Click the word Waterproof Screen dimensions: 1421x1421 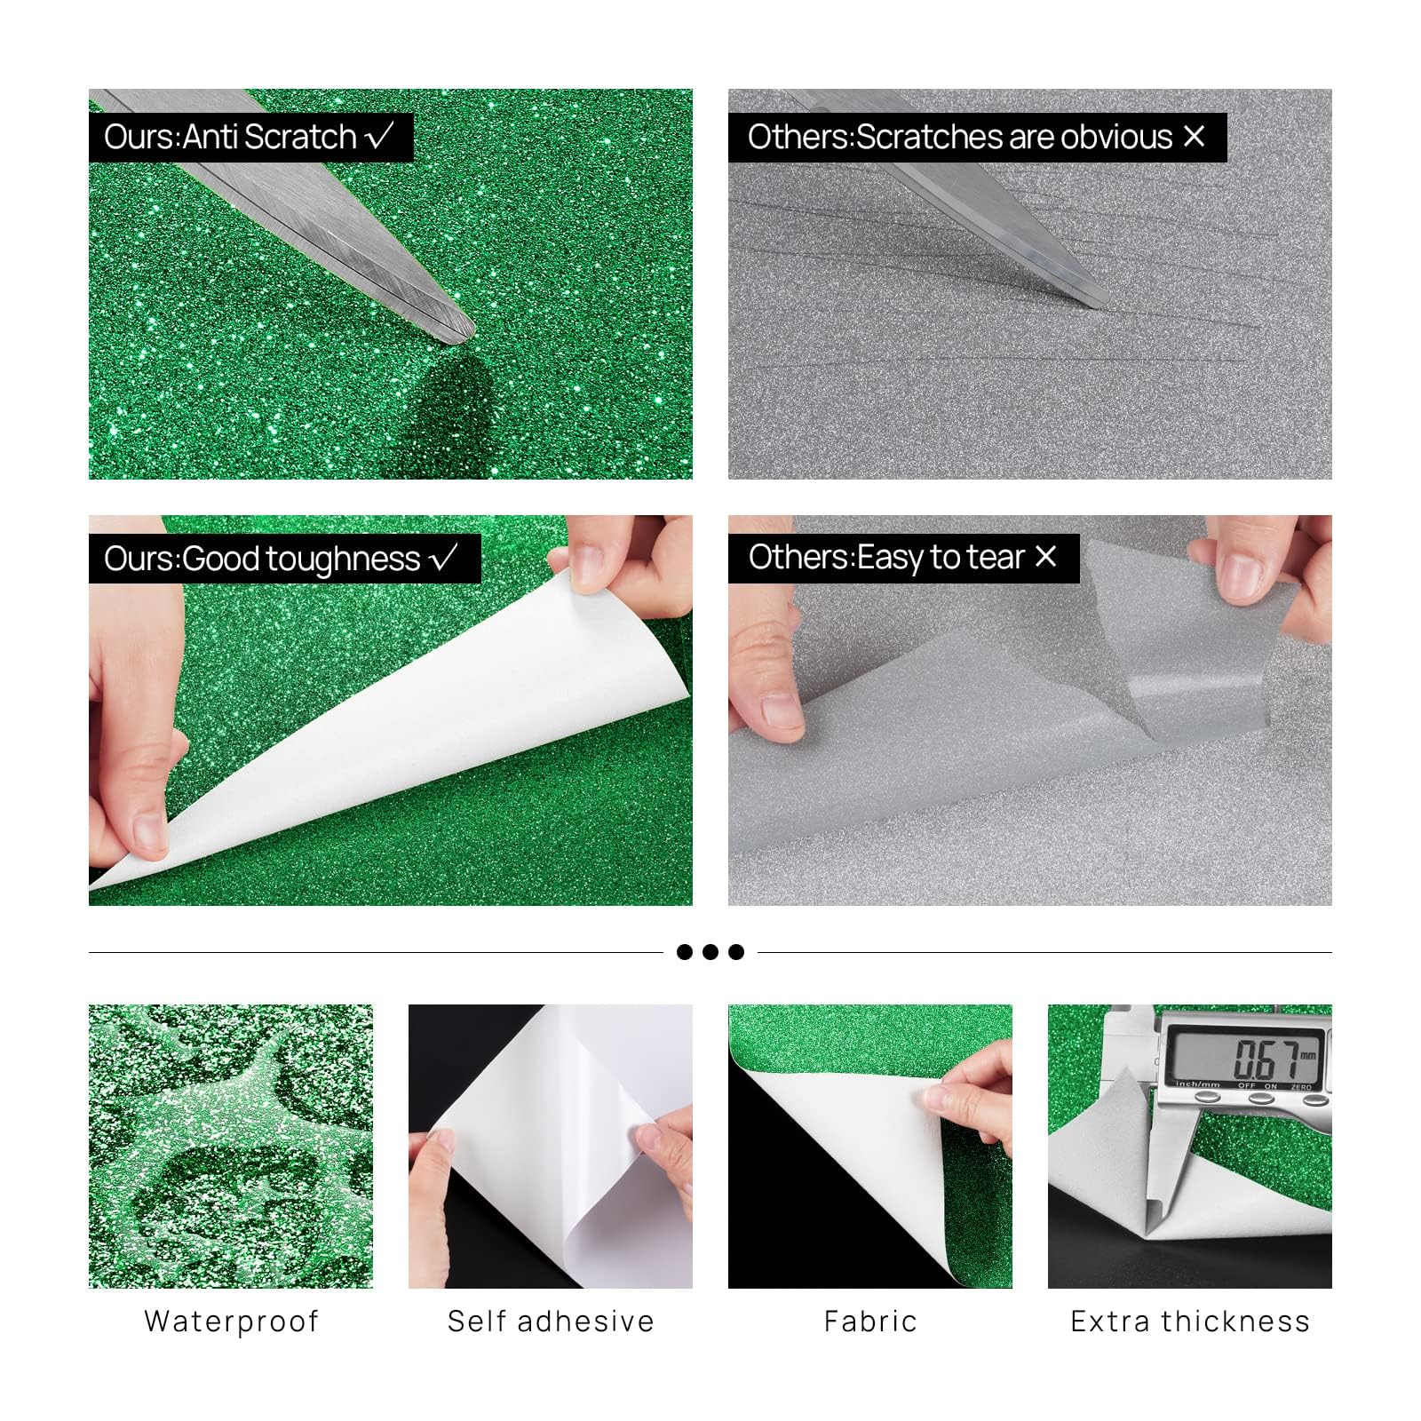231,1322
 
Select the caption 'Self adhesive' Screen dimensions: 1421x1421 551,1322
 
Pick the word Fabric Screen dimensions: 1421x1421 870,1322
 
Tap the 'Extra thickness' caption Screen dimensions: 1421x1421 1190,1322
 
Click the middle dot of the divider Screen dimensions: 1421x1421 710,952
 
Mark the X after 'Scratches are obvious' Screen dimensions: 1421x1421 1195,136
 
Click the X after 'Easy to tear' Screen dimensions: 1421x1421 1046,556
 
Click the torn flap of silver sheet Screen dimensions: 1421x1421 1181,639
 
